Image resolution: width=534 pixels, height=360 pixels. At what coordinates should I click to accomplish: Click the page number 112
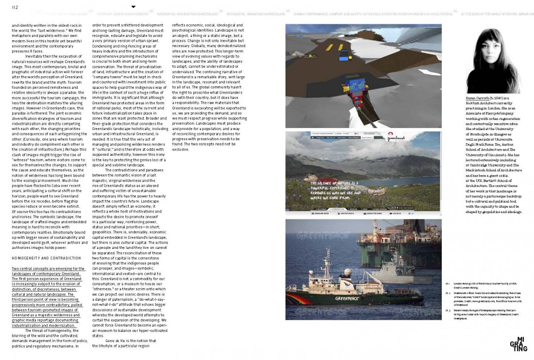coord(15,7)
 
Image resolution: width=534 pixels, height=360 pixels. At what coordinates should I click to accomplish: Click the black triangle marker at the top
coord(133,7)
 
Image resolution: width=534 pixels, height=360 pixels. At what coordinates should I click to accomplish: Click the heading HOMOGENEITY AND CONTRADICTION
coord(46,258)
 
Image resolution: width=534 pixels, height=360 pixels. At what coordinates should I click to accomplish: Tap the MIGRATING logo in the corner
coord(518,344)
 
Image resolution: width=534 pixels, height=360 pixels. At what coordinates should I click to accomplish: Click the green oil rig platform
coord(388,238)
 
